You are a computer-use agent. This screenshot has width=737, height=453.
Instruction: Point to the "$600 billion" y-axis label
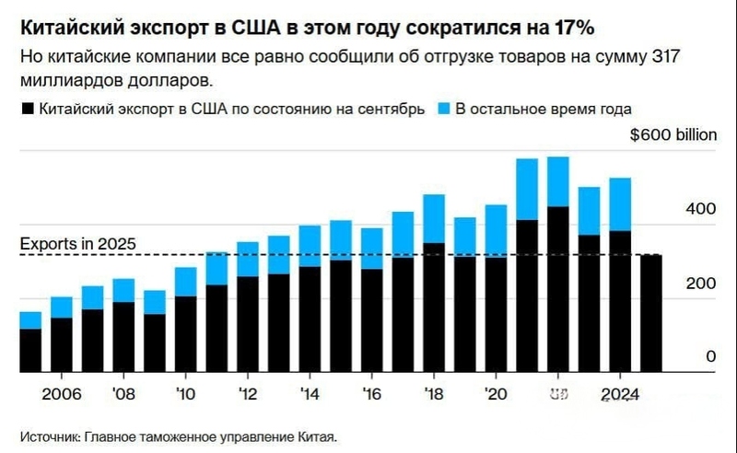(x=673, y=134)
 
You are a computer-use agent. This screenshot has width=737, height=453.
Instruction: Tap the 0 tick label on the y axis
(x=710, y=357)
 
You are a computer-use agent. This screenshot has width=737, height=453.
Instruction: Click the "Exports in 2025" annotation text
(x=78, y=244)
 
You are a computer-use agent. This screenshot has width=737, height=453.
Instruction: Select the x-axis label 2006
(x=62, y=394)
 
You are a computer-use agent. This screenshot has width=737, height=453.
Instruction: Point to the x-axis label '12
(x=248, y=394)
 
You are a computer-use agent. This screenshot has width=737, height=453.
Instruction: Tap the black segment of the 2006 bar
(x=62, y=344)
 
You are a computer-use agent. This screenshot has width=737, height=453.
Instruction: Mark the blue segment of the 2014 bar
(x=310, y=246)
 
